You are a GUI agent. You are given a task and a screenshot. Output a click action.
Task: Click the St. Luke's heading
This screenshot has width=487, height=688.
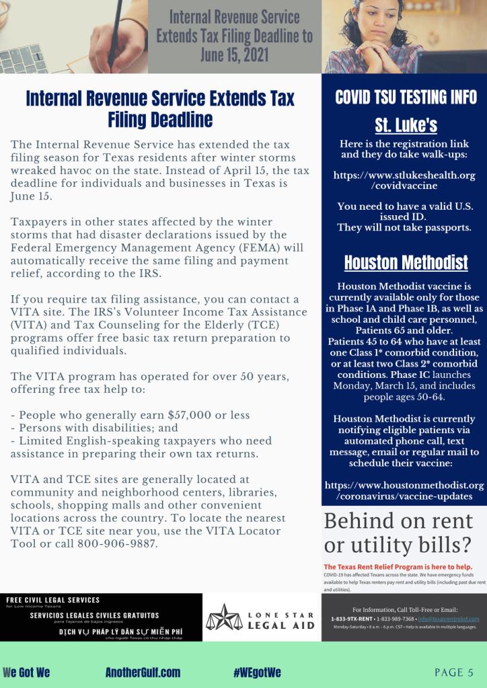(406, 126)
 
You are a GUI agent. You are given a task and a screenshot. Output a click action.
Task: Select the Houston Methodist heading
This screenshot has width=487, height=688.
(406, 261)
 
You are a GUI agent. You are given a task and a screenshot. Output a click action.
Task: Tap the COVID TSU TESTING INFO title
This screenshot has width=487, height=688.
(406, 97)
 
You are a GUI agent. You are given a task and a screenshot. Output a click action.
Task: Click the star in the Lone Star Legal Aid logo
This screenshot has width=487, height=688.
(224, 617)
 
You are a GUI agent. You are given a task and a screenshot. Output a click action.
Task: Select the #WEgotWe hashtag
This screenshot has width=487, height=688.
(258, 673)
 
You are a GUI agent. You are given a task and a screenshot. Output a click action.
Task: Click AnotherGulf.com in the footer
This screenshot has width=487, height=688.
(143, 673)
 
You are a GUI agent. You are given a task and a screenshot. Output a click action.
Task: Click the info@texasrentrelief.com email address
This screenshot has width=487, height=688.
(448, 618)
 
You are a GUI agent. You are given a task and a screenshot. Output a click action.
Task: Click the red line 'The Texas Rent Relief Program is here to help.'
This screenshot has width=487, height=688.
(398, 566)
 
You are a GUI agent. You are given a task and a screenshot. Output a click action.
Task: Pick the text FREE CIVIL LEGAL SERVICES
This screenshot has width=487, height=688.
(52, 600)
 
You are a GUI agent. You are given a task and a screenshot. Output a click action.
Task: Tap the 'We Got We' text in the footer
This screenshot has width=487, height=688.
(26, 673)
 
